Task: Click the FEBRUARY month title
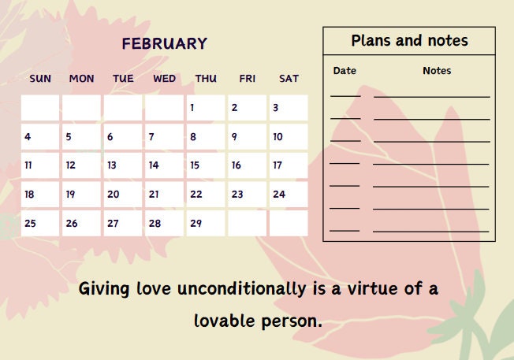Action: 164,44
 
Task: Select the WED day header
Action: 164,78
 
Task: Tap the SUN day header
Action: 40,78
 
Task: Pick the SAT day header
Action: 289,78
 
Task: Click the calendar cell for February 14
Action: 164,165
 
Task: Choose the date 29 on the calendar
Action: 206,223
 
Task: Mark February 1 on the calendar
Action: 206,108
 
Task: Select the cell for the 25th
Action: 40,223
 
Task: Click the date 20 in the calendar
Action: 123,194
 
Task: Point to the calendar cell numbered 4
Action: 40,137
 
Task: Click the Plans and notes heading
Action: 409,41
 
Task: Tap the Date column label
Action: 345,71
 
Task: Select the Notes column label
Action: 437,71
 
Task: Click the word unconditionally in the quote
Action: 241,289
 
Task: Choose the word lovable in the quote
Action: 225,321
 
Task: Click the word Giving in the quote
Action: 104,289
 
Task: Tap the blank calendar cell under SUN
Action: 40,108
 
